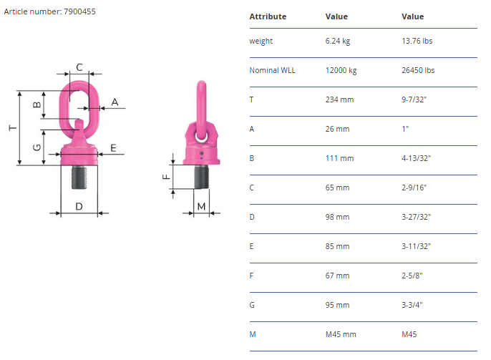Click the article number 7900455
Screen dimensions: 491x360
pos(79,11)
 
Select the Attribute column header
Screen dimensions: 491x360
pos(268,16)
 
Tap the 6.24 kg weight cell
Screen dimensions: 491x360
pos(338,41)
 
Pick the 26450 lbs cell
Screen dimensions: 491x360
pos(418,70)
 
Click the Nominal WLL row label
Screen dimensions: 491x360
pos(272,70)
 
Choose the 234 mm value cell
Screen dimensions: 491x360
pos(339,99)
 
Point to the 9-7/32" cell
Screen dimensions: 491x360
pos(414,99)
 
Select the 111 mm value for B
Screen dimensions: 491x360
pos(339,158)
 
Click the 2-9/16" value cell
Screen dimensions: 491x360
pos(414,188)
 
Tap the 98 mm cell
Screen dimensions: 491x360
pos(337,217)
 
